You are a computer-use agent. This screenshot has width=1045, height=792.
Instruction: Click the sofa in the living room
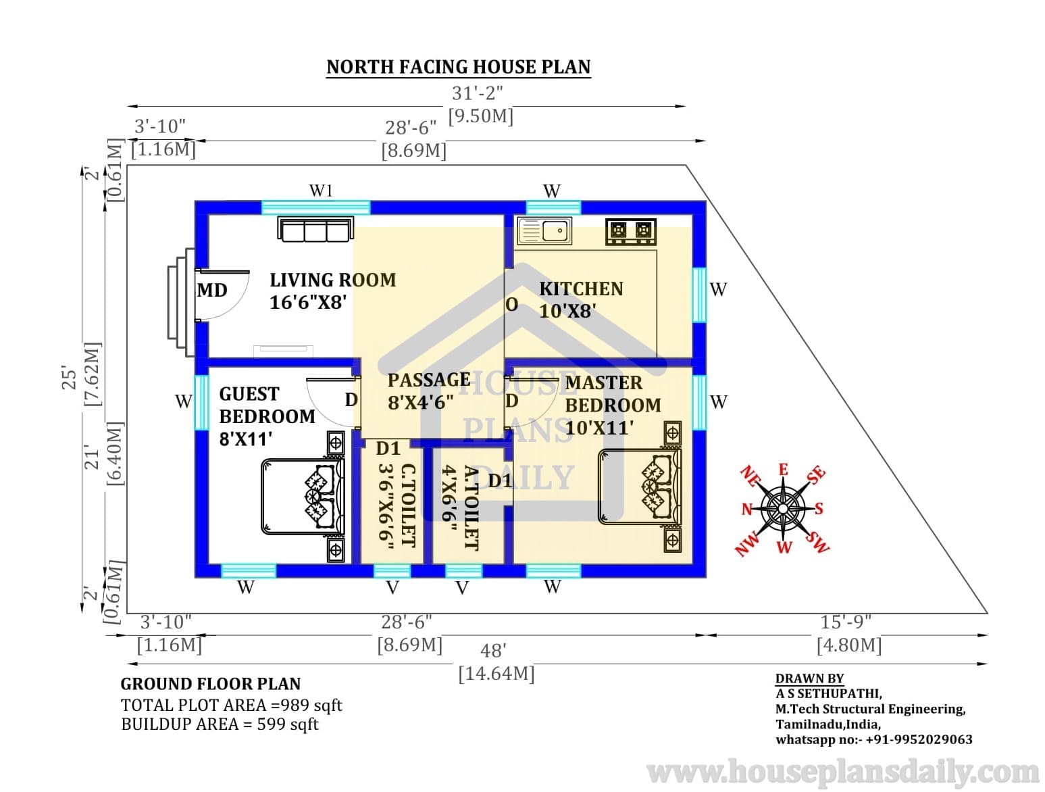pyautogui.click(x=315, y=229)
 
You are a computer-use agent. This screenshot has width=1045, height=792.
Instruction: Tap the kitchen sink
pyautogui.click(x=544, y=230)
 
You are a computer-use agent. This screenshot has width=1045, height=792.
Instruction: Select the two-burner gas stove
pyautogui.click(x=630, y=232)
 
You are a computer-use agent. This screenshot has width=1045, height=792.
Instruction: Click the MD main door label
pyautogui.click(x=212, y=290)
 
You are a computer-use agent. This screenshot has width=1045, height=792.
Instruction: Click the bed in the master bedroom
pyautogui.click(x=640, y=487)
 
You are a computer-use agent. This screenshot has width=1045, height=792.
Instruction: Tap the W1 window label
pyautogui.click(x=321, y=191)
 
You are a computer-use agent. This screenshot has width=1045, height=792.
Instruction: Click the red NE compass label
pyautogui.click(x=749, y=476)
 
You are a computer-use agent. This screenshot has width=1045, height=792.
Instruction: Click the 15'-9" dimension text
pyautogui.click(x=846, y=622)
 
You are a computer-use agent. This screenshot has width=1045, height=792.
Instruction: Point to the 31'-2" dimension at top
pyautogui.click(x=477, y=93)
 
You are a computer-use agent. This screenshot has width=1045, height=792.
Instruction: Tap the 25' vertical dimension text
pyautogui.click(x=70, y=379)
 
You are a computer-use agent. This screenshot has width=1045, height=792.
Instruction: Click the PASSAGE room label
pyautogui.click(x=429, y=380)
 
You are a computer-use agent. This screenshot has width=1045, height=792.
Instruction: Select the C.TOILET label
pyautogui.click(x=409, y=505)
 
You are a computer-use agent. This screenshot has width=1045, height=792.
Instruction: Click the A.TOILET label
pyautogui.click(x=470, y=508)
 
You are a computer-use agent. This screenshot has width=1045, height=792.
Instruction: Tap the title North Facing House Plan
pyautogui.click(x=459, y=67)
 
